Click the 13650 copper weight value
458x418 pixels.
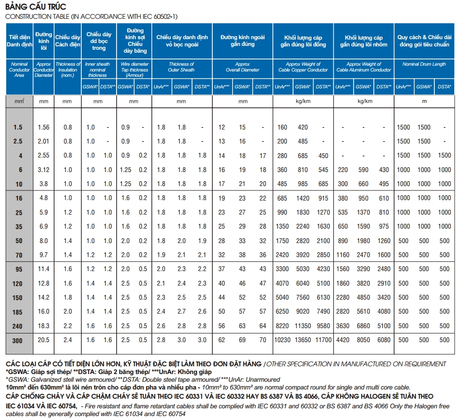tap(303, 340)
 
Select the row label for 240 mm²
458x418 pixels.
tap(17, 326)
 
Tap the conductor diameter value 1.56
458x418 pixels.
tap(44, 127)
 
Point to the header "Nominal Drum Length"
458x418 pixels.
tap(424, 64)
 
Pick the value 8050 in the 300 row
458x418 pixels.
tap(363, 340)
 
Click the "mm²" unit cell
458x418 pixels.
tap(19, 101)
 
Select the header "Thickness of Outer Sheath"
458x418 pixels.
tap(181, 67)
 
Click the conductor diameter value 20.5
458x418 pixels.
tap(44, 340)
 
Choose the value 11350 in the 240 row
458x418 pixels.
tap(303, 326)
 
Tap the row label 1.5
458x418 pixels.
tap(17, 127)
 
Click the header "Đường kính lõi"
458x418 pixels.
tap(44, 41)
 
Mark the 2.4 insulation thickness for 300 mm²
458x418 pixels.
tap(68, 340)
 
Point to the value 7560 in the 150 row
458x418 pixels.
tap(303, 298)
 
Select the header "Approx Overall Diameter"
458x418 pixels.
tap(242, 67)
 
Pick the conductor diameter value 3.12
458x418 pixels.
tap(44, 170)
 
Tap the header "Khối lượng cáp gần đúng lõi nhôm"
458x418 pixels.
tap(364, 41)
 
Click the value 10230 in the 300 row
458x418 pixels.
tap(282, 340)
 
